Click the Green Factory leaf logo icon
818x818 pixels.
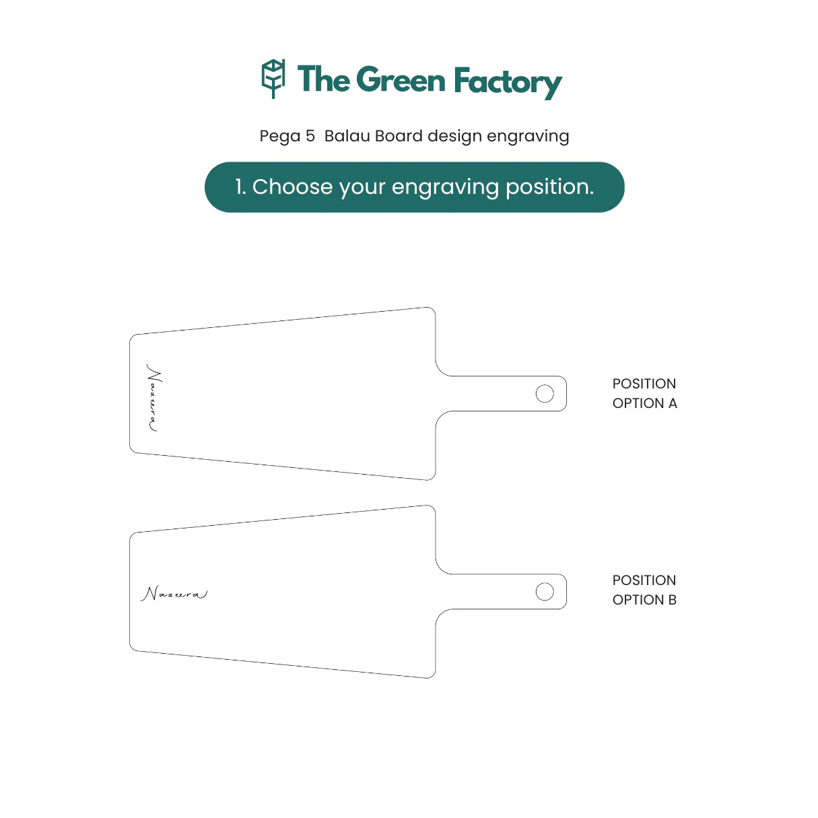[273, 79]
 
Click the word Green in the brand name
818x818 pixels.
[401, 79]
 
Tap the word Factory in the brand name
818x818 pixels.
[508, 82]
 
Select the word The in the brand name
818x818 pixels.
[324, 79]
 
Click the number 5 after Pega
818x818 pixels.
[310, 136]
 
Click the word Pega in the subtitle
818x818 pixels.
[280, 137]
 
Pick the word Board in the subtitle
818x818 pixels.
[399, 136]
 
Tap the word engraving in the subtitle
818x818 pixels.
[528, 137]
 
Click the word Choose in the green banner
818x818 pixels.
[292, 186]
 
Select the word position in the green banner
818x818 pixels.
[550, 188]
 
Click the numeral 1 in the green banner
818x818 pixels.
[240, 186]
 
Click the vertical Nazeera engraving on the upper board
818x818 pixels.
[154, 397]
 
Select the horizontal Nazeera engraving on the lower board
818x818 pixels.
[174, 593]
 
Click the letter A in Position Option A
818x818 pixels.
[673, 403]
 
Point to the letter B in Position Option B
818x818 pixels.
[673, 600]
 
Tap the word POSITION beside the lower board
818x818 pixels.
[644, 580]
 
